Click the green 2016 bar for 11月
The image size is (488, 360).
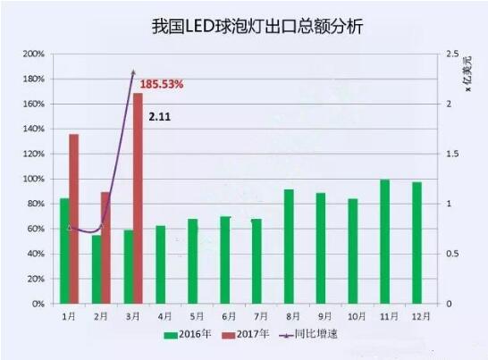[x=384, y=241]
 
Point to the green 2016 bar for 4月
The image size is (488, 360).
[x=160, y=264]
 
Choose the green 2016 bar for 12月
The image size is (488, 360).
[x=416, y=242]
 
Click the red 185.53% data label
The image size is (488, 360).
[x=162, y=85]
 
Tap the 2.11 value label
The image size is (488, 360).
[x=158, y=116]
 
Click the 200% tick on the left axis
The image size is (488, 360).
[x=33, y=54]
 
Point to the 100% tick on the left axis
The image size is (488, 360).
[x=33, y=180]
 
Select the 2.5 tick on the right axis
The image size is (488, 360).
[x=454, y=54]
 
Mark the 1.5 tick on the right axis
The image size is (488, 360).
[x=454, y=155]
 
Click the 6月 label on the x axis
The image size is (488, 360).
[x=229, y=315]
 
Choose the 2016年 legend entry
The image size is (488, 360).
[x=189, y=335]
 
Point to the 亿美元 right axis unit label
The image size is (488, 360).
[x=466, y=67]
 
